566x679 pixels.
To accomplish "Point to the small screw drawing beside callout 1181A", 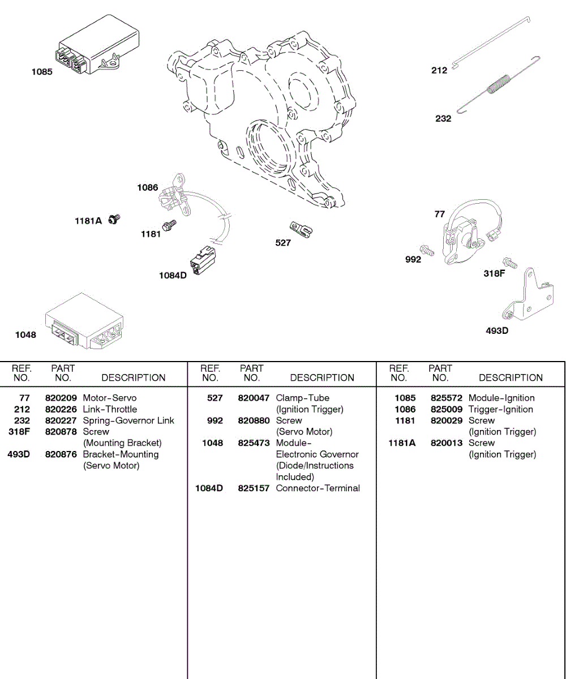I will click(114, 219).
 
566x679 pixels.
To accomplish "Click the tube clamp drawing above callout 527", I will click(302, 229).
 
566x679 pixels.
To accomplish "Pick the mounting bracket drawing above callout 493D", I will click(529, 296).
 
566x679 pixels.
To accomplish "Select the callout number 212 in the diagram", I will click(439, 70).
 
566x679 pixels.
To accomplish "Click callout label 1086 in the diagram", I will click(147, 187).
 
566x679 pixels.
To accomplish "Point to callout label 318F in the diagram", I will click(494, 273).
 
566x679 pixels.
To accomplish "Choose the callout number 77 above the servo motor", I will click(440, 214).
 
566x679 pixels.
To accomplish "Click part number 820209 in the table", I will click(61, 398).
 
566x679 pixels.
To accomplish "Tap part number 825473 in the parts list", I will click(254, 443).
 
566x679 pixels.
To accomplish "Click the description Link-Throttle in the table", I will click(110, 409).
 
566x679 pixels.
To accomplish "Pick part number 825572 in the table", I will click(447, 398).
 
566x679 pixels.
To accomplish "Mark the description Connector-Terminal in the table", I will click(318, 488).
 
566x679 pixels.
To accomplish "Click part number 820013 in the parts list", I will click(447, 443).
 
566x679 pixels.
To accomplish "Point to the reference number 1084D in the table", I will click(209, 488).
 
